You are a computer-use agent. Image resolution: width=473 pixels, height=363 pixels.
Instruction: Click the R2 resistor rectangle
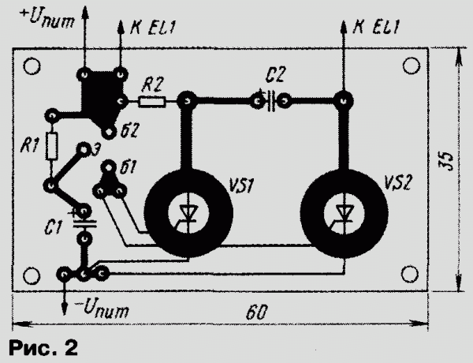pyautogui.click(x=151, y=102)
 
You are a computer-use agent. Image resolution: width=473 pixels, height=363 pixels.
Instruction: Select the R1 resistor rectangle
pyautogui.click(x=52, y=146)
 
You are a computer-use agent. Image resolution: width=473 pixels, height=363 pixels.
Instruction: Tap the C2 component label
pyautogui.click(x=275, y=75)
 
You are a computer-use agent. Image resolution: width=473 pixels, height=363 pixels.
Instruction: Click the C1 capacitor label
pyautogui.click(x=53, y=228)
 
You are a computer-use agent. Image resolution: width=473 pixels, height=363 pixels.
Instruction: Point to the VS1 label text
pyautogui.click(x=242, y=185)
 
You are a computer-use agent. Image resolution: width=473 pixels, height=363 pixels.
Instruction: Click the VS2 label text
pyautogui.click(x=397, y=183)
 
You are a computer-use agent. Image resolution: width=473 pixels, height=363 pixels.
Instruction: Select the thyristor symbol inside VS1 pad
pyautogui.click(x=188, y=215)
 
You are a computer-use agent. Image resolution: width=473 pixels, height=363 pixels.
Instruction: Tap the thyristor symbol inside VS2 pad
pyautogui.click(x=344, y=215)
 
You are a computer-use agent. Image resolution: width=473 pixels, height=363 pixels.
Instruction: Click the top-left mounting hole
pyautogui.click(x=32, y=66)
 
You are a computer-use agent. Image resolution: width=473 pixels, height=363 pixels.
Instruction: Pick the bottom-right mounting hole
pyautogui.click(x=410, y=274)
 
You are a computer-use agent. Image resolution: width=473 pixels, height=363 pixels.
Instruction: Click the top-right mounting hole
pyautogui.click(x=412, y=65)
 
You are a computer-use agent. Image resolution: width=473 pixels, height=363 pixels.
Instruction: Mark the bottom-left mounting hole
pyautogui.click(x=32, y=276)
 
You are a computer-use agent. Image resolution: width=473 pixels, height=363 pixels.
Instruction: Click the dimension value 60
pyautogui.click(x=257, y=312)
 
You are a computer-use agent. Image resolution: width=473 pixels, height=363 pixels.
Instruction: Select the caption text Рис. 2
pyautogui.click(x=43, y=347)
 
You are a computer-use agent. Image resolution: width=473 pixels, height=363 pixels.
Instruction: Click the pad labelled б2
pyautogui.click(x=109, y=133)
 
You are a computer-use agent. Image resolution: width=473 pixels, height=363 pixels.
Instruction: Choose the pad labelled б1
pyautogui.click(x=109, y=167)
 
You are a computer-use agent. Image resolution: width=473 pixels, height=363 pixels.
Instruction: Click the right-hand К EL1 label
pyautogui.click(x=376, y=27)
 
